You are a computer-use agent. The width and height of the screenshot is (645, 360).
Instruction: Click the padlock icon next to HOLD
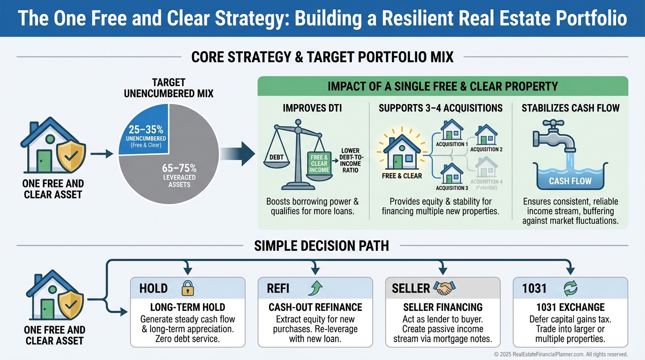click(188, 288)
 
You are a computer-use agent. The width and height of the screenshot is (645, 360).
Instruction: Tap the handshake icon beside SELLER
click(444, 288)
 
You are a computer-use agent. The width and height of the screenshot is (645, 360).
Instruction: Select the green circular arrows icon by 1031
click(570, 288)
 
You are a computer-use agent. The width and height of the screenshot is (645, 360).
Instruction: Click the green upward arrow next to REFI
click(315, 288)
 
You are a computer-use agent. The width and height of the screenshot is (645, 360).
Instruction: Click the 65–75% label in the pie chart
click(179, 168)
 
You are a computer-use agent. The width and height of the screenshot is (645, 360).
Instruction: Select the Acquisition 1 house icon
click(451, 130)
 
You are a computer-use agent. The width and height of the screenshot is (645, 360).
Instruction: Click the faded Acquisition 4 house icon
click(486, 167)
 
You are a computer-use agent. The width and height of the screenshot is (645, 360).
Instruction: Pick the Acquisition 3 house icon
click(451, 173)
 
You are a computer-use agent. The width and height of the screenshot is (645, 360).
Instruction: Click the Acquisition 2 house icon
click(486, 135)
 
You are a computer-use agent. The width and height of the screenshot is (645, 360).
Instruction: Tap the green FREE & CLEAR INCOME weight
click(319, 163)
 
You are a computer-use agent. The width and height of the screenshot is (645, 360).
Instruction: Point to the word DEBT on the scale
click(276, 157)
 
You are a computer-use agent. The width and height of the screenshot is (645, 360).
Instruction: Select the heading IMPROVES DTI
click(312, 108)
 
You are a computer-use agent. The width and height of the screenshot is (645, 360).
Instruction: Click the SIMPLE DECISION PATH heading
click(322, 246)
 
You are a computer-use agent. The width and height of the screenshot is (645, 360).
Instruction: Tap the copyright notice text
click(561, 354)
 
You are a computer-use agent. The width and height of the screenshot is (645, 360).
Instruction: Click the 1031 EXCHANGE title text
click(570, 307)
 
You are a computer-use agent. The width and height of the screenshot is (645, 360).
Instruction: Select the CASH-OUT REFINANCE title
click(315, 307)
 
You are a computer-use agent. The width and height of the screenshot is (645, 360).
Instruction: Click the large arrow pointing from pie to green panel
click(238, 154)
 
